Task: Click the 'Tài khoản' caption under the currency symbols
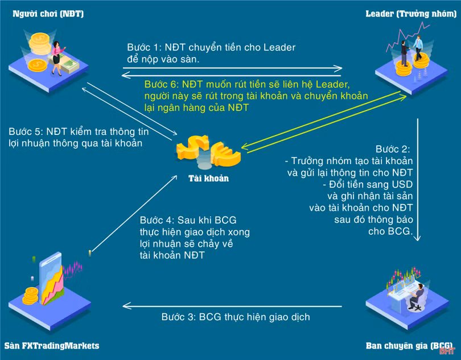[208, 178]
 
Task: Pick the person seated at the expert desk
[418, 296]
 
